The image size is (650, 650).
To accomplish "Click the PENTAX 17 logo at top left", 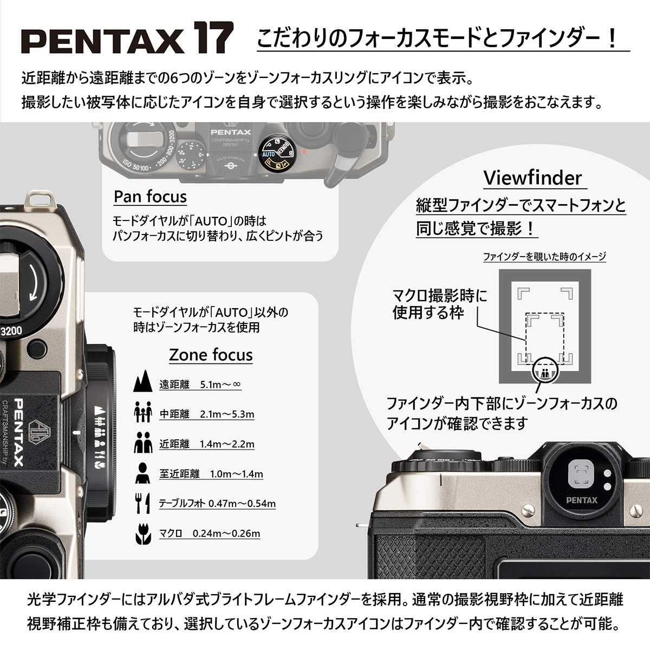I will click(x=127, y=39).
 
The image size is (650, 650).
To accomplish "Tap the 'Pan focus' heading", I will click(x=150, y=196).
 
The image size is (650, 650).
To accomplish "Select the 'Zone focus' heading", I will click(x=211, y=355).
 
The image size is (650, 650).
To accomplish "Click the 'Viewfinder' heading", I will click(x=532, y=177).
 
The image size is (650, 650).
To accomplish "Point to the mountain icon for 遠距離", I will click(x=142, y=382).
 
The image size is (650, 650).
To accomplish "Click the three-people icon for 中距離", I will click(x=142, y=413).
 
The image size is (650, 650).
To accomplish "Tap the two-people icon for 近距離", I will click(x=142, y=443).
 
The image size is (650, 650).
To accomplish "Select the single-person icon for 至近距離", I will click(x=142, y=473).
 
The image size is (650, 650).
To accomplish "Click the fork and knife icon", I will click(x=142, y=503).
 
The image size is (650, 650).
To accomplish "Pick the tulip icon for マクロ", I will click(x=142, y=533).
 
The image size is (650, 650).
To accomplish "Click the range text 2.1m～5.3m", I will click(x=227, y=414).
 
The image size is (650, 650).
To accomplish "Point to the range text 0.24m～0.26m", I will click(x=226, y=534).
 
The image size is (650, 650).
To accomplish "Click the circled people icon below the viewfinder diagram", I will click(x=545, y=371).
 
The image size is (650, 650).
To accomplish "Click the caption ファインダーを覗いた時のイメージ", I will click(x=544, y=257).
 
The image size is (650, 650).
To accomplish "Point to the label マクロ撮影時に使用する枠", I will click(x=439, y=304).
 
